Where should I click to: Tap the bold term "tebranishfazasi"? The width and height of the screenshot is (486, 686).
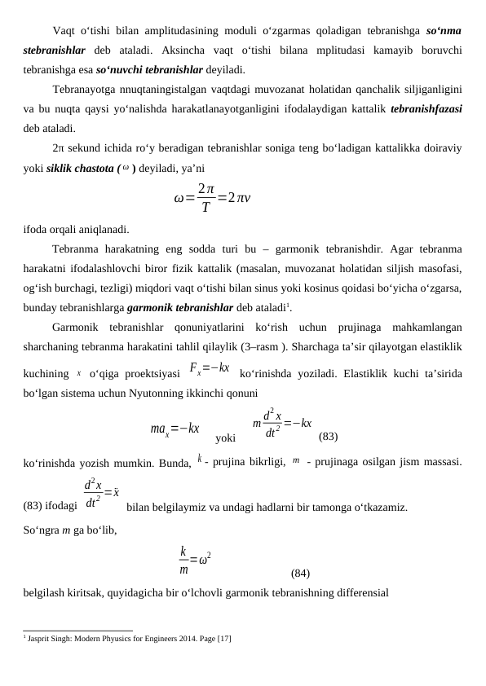(427, 110)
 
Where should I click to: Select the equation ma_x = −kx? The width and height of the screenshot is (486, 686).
(175, 429)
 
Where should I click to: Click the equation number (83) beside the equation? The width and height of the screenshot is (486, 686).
(329, 436)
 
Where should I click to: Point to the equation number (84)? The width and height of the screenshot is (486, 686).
(300, 573)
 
